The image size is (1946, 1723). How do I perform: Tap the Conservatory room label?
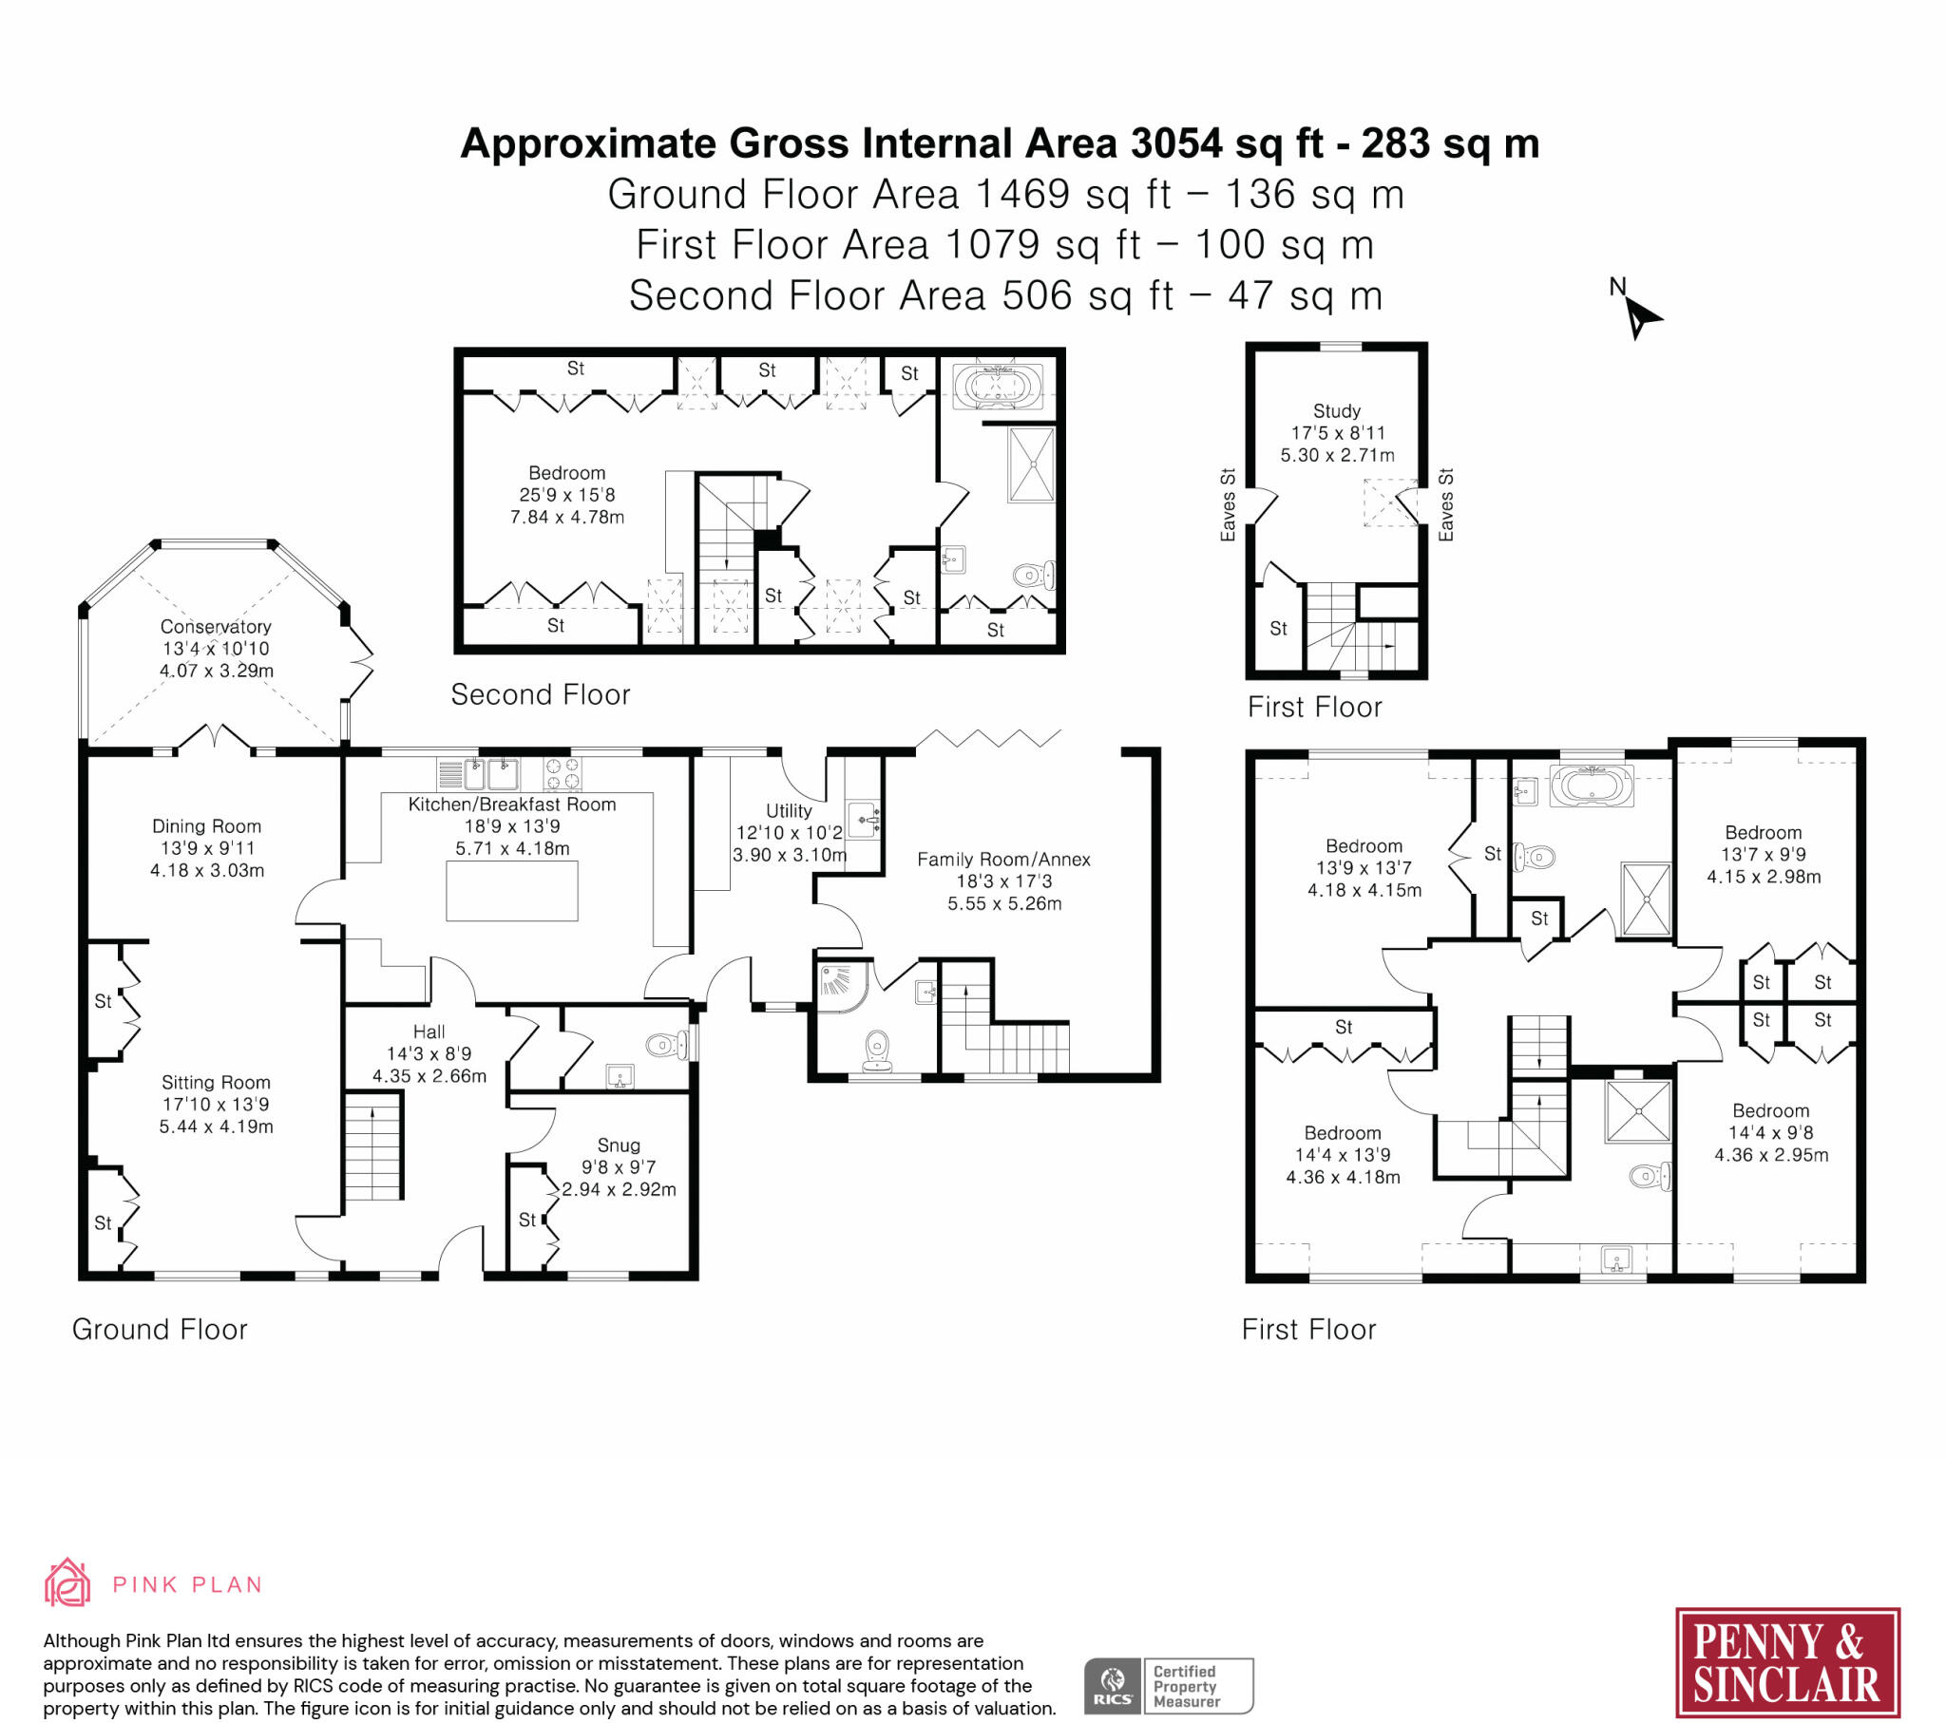point(216,626)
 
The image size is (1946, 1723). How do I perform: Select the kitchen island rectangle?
point(512,890)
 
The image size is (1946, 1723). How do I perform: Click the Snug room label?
point(619,1146)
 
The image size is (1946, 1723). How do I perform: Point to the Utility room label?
point(789,810)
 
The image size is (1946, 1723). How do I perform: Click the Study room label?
point(1337,411)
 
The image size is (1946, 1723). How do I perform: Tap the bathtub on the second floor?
point(997,387)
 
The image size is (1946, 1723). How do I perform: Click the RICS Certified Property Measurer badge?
point(1168,1686)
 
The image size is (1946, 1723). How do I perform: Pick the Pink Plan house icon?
point(67,1583)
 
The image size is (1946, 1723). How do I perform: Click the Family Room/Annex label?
point(1003,859)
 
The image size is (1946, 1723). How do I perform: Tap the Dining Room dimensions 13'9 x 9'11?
point(206,848)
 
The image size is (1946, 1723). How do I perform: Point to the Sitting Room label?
point(216,1083)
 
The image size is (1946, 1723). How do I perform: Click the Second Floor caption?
point(540,694)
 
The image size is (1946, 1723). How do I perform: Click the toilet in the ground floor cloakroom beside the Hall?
point(667,1045)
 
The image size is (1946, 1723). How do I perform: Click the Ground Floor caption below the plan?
point(159,1329)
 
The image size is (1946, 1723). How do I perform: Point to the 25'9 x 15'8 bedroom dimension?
point(567,495)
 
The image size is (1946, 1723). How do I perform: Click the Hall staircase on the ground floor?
point(372,1146)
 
